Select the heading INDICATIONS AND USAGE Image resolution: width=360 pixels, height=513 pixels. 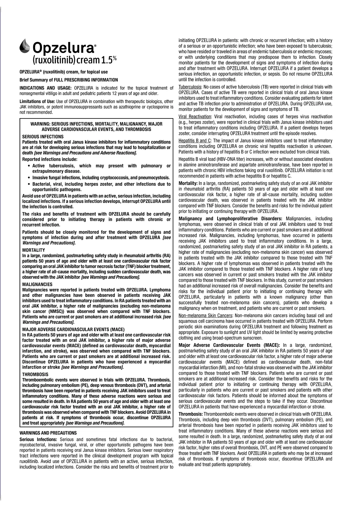pyautogui.click(x=45, y=88)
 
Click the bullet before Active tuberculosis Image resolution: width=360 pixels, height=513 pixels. pyautogui.click(x=28, y=166)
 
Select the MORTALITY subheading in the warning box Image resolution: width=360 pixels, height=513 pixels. pyautogui.click(x=34, y=250)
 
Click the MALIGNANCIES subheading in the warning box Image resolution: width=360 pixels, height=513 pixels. pyautogui.click(x=37, y=284)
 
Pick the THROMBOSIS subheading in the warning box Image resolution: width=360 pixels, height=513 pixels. pyautogui.click(x=35, y=374)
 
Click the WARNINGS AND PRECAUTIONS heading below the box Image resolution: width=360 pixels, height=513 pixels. pyautogui.click(x=48, y=433)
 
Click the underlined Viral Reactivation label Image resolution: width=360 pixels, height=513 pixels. pyautogui.click(x=195, y=116)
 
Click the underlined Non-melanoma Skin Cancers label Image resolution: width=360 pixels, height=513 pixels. pyautogui.click(x=205, y=315)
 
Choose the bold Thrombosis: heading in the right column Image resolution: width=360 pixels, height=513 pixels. pyautogui.click(x=190, y=414)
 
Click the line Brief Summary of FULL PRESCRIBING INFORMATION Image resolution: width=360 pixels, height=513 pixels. pyautogui.click(x=69, y=80)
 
